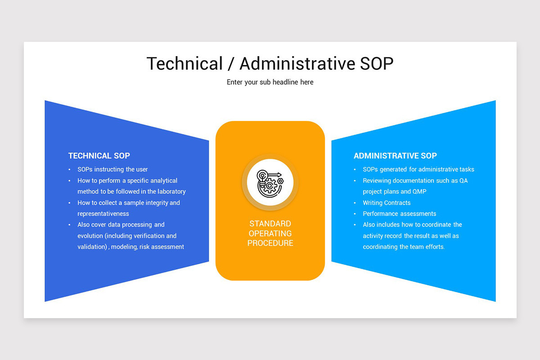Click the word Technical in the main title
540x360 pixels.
pyautogui.click(x=184, y=63)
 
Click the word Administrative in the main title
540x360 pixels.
pyautogui.click(x=297, y=63)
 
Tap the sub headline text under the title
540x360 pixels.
pyautogui.click(x=270, y=82)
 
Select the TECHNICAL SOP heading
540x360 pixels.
pyautogui.click(x=99, y=156)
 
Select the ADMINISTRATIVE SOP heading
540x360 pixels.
pyautogui.click(x=395, y=156)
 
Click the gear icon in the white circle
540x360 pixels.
pyautogui.click(x=270, y=184)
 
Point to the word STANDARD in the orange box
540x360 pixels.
pyautogui.click(x=270, y=224)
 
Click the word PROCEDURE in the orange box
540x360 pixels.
pyautogui.click(x=270, y=243)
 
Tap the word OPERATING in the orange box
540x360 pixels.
pyautogui.click(x=270, y=234)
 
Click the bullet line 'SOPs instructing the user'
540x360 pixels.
pyautogui.click(x=112, y=170)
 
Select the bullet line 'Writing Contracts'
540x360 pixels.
pyautogui.click(x=387, y=203)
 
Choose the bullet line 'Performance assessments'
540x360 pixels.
pyautogui.click(x=399, y=214)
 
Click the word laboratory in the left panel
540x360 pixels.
pyautogui.click(x=168, y=192)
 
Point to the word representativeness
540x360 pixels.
pyautogui.click(x=103, y=214)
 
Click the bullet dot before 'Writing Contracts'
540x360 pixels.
pyautogui.click(x=355, y=203)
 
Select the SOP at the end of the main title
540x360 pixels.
pyautogui.click(x=377, y=63)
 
